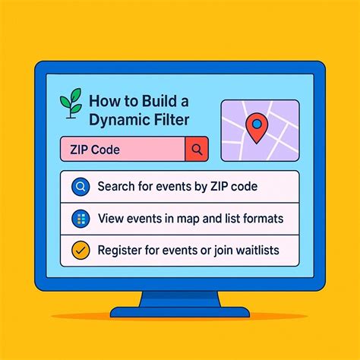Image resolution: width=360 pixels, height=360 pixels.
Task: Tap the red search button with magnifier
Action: click(x=196, y=150)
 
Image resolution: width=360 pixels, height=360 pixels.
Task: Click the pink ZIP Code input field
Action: click(x=122, y=150)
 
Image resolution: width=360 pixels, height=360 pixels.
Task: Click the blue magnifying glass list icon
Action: click(x=78, y=186)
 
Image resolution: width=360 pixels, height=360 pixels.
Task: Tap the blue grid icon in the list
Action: click(x=78, y=219)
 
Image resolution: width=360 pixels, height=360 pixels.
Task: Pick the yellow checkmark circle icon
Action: click(x=78, y=249)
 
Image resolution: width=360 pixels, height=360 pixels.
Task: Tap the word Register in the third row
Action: click(x=121, y=249)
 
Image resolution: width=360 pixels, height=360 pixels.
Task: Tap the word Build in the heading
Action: click(x=158, y=100)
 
